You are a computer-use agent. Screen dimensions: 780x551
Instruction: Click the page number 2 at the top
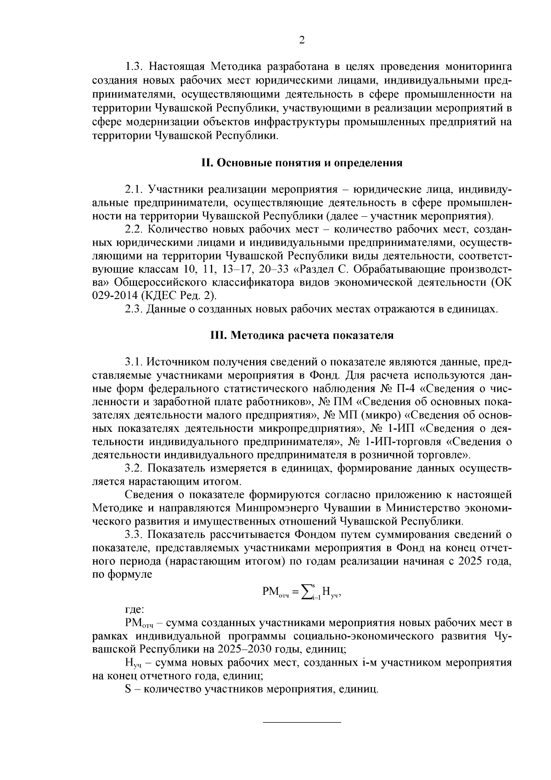(302, 40)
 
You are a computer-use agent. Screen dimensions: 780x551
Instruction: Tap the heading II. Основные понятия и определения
(302, 163)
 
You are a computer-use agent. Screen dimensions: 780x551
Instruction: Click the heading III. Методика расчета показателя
(302, 336)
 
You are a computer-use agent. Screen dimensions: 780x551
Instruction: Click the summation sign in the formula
(308, 592)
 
